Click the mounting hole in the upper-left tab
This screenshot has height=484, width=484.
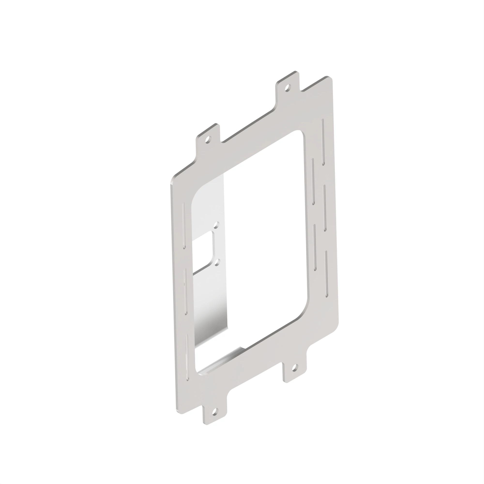[x=208, y=139]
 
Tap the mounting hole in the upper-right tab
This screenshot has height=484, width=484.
[x=288, y=88]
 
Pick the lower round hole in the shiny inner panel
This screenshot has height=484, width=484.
[x=218, y=262]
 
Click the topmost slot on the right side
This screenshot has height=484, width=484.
[x=323, y=142]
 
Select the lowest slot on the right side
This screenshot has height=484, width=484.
[x=326, y=274]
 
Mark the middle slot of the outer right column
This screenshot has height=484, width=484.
[x=325, y=208]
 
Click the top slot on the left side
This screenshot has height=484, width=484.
[x=184, y=226]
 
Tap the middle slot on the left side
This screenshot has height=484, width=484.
[x=185, y=292]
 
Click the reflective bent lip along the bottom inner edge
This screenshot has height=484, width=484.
[x=220, y=361]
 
